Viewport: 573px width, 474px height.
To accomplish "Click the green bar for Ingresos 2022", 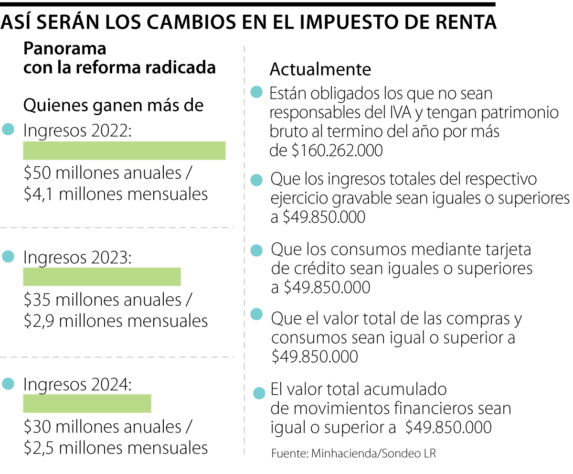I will coord(124,151).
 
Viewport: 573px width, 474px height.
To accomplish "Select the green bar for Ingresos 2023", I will coord(102,277).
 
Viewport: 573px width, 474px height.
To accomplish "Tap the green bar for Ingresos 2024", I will coord(87,403).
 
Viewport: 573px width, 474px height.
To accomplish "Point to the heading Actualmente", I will coord(320,69).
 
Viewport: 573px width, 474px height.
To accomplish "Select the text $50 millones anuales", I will coord(102,173).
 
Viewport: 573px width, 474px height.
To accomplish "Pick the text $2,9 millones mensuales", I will coord(116,320).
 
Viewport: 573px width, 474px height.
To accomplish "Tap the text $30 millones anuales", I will coord(102,426).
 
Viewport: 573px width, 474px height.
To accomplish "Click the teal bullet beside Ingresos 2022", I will coord(8,129).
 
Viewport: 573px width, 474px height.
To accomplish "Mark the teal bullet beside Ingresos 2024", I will coord(8,383).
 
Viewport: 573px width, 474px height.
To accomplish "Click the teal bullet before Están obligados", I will coord(257,92).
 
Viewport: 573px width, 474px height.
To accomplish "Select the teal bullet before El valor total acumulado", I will coord(259,393).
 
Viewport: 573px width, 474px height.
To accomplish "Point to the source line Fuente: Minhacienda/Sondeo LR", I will coord(353,453).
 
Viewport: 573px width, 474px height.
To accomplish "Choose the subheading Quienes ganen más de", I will coord(114,105).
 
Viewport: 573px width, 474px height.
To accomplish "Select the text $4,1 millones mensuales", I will coord(116,194).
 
